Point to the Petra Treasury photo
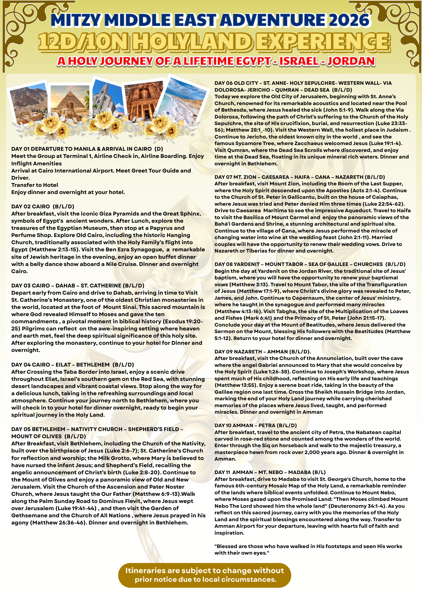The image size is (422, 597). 144,99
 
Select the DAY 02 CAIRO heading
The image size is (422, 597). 43,206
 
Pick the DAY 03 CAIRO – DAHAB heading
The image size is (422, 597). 78,286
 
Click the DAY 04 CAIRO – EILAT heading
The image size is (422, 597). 73,364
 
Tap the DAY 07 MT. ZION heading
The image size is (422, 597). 300,177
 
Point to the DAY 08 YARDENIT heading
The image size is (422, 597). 310,264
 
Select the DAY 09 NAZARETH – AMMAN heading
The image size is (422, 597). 263,352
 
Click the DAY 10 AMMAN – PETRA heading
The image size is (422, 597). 255,425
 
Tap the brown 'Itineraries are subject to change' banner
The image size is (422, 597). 205,575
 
